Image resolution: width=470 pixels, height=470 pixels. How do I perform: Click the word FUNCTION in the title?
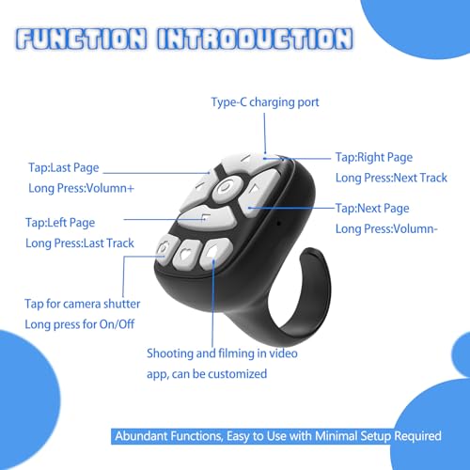(x=82, y=39)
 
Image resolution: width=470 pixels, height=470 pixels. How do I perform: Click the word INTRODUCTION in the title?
(x=256, y=39)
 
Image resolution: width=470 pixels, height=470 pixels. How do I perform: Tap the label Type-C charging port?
(x=265, y=102)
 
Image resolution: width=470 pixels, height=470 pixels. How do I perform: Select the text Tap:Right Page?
(x=374, y=158)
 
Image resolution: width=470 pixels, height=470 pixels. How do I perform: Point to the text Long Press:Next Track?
(x=391, y=178)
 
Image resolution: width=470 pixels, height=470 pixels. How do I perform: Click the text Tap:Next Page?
(x=372, y=209)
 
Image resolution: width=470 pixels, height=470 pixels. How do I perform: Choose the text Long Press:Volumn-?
(x=386, y=229)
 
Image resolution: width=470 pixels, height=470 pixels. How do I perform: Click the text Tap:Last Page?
(x=64, y=168)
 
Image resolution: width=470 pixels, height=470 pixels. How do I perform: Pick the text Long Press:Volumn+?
(x=81, y=188)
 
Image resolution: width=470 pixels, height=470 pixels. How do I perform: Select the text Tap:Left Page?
(x=60, y=223)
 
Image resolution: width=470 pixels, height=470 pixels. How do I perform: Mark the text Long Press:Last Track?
(x=80, y=243)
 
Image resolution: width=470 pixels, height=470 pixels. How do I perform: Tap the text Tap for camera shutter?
(x=83, y=304)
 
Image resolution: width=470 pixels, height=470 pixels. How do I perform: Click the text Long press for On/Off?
(x=80, y=324)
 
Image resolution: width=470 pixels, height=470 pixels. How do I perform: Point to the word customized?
(x=237, y=374)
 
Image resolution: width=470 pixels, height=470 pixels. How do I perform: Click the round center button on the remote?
(x=227, y=188)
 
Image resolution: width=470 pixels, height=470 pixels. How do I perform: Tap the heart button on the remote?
(x=187, y=254)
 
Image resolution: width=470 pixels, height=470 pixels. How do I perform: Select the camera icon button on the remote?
(x=164, y=250)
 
